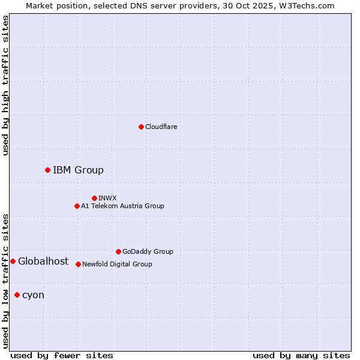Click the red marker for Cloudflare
[x=141, y=127]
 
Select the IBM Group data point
[x=47, y=170]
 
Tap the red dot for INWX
[x=94, y=198]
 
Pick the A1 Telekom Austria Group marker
[x=77, y=206]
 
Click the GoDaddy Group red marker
[x=118, y=251]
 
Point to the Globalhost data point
[x=13, y=261]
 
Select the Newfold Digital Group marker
[x=78, y=264]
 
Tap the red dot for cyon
[x=17, y=295]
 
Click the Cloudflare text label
[x=161, y=127]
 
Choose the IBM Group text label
[x=78, y=170]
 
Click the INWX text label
[x=107, y=198]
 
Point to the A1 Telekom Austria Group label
[x=122, y=206]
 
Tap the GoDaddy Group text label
[x=148, y=251]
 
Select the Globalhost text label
[x=43, y=261]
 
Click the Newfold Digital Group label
[x=117, y=264]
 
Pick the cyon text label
[x=33, y=295]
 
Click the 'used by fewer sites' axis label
[x=62, y=355]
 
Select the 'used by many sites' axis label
[x=301, y=355]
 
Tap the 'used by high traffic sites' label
[x=5, y=85]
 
